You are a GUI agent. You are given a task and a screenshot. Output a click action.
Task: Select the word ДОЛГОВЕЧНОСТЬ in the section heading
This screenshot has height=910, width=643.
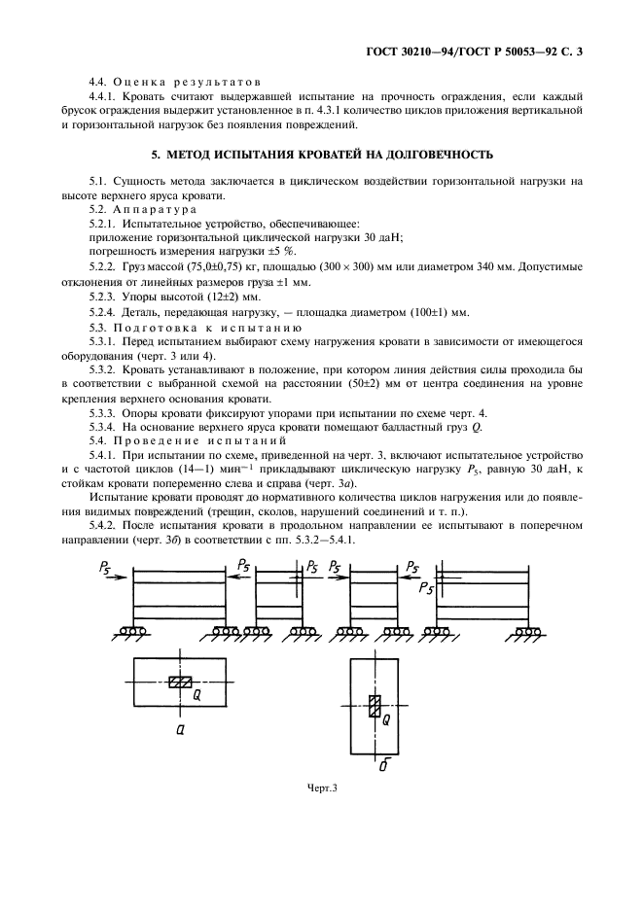point(438,154)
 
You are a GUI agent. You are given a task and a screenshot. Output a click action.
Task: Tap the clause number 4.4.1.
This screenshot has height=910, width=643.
point(105,97)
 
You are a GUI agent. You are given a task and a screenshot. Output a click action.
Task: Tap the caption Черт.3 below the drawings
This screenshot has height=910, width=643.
point(321,787)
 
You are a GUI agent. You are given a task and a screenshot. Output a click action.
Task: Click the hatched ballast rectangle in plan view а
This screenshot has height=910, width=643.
point(180,682)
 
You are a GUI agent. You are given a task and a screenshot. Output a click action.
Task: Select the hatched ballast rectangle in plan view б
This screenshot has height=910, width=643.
point(374,707)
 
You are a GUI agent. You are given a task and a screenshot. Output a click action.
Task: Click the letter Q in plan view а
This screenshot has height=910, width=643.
point(196,695)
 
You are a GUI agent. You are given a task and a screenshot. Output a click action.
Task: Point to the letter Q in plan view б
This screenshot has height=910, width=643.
point(386,719)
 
